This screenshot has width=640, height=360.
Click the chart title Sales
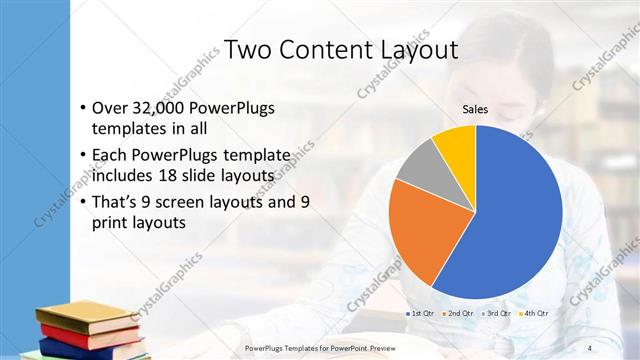[475, 110]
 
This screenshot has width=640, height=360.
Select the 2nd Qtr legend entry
[460, 314]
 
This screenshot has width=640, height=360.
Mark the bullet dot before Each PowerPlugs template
[81, 155]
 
